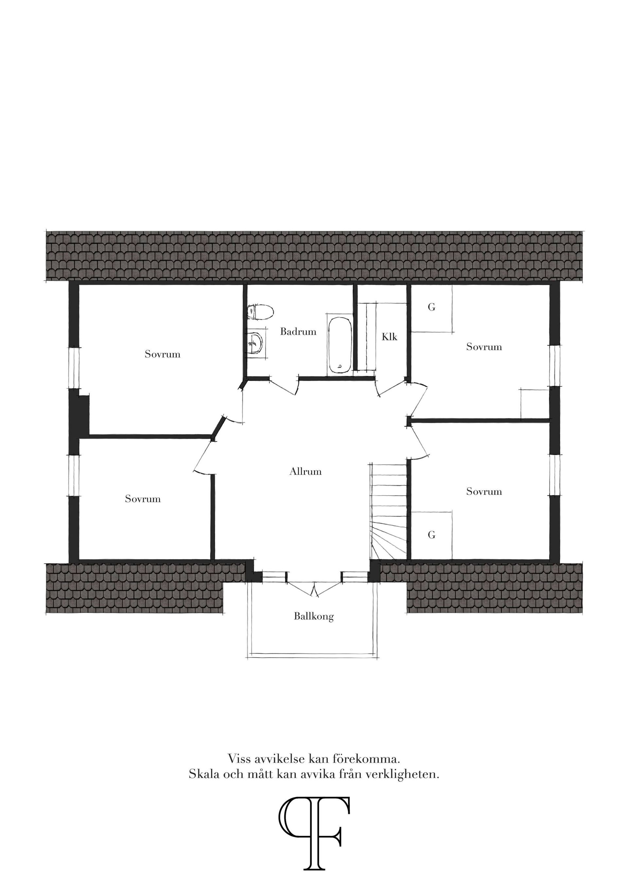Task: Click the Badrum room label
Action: coord(298,332)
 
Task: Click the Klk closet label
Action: coord(389,337)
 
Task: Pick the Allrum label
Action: coord(305,472)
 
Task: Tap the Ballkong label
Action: coord(313,616)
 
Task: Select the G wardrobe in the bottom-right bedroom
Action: coord(432,535)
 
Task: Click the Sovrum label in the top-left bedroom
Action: coord(163,354)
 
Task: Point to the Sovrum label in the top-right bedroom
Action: coord(484,347)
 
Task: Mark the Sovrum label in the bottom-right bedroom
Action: coord(484,491)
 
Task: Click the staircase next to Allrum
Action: coord(388,511)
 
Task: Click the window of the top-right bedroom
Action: coord(554,365)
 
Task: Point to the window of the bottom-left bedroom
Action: coord(74,475)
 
